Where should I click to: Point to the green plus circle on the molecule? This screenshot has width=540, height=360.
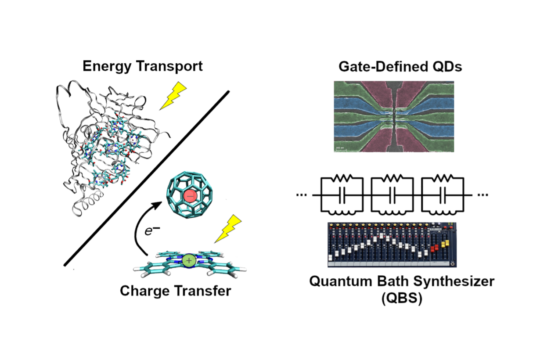[x=188, y=260]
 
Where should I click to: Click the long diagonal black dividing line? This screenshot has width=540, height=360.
[x=147, y=178]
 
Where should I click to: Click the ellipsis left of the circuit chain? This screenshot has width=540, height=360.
[x=302, y=194]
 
